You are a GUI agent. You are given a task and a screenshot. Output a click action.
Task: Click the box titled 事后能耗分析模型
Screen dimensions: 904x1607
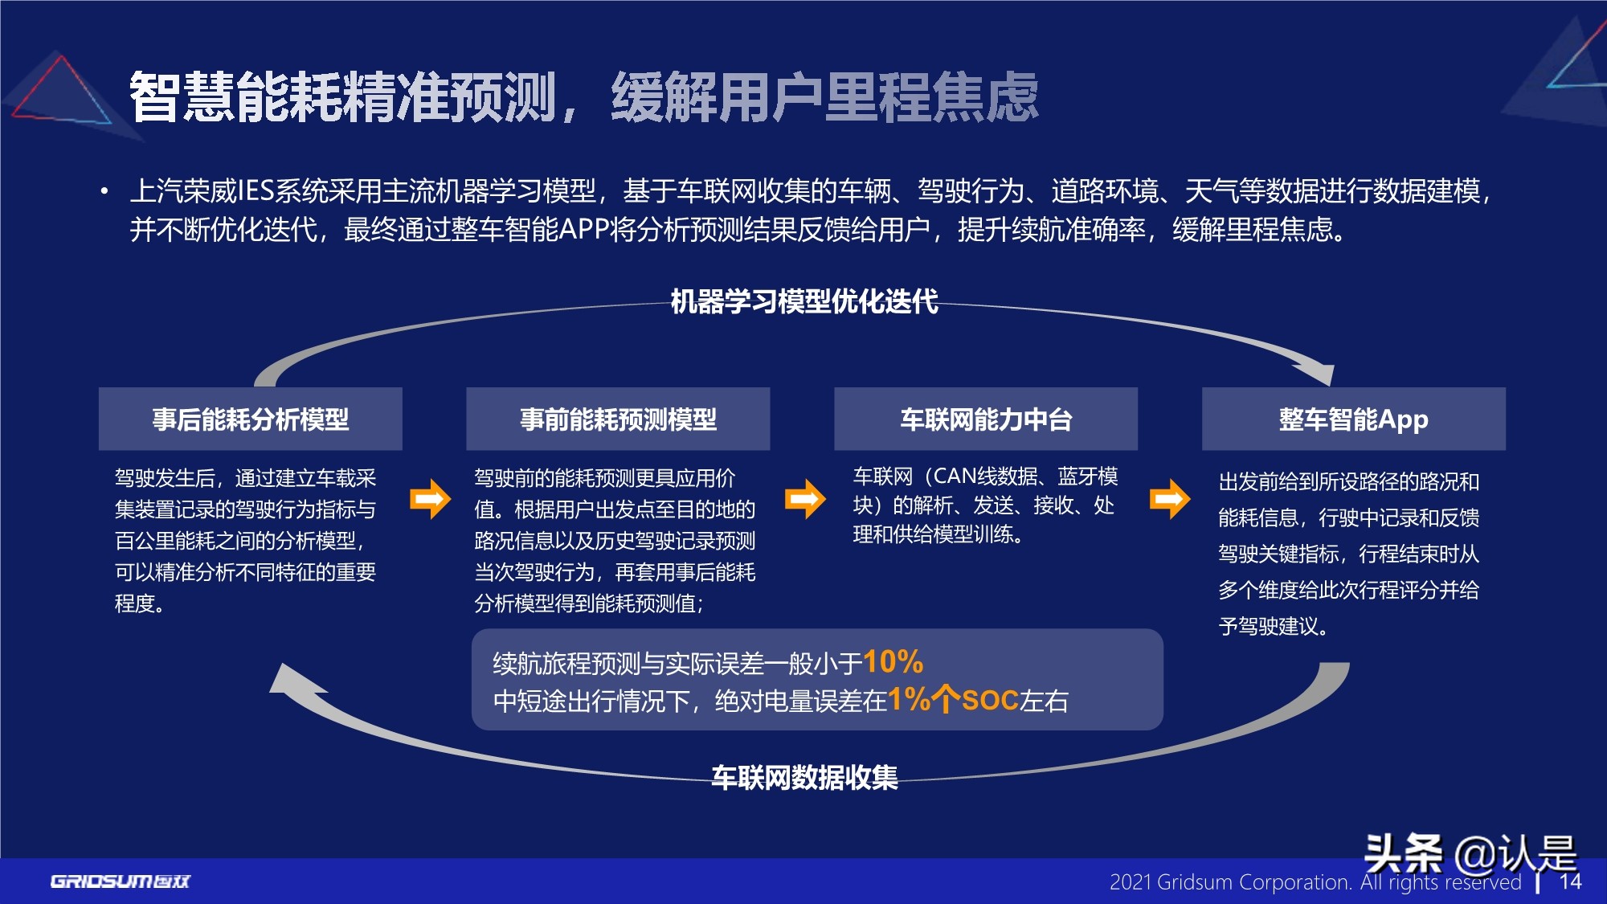[250, 419]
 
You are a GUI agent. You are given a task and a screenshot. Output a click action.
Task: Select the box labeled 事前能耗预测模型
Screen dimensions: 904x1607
[618, 419]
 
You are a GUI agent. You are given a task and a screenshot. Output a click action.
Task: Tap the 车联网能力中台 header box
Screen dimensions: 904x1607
[986, 419]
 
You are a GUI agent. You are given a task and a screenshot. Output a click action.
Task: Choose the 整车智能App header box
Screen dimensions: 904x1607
[1353, 419]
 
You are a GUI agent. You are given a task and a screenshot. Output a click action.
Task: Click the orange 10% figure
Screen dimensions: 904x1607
[893, 662]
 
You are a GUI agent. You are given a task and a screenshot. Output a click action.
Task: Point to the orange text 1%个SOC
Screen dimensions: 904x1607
[954, 700]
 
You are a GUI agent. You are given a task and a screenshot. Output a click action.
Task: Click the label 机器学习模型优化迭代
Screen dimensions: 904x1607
[803, 301]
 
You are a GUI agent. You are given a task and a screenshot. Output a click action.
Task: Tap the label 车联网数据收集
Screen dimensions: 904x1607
[803, 777]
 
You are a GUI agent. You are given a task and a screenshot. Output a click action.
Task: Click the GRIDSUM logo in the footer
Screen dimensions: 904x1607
[121, 882]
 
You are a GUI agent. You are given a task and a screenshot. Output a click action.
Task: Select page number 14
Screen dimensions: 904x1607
[1570, 882]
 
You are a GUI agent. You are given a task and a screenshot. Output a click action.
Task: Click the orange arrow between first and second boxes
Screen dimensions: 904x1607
[430, 500]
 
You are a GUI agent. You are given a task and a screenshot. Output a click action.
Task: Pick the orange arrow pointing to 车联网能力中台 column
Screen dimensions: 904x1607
[804, 500]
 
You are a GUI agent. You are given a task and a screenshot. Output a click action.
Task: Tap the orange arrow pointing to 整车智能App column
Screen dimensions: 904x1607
[1169, 500]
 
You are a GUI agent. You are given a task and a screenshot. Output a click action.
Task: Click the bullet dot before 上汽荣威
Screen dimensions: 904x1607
[104, 192]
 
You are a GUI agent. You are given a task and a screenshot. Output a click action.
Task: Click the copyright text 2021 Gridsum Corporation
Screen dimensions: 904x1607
[1229, 882]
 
